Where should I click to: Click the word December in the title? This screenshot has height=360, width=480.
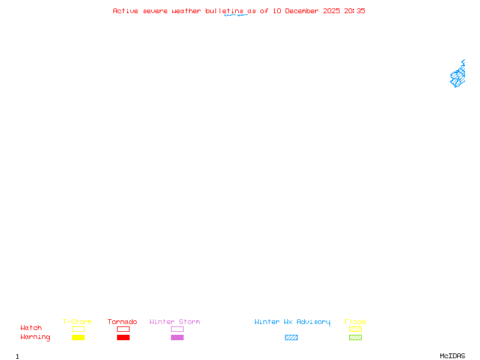click(x=304, y=11)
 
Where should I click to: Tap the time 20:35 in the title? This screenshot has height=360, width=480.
click(x=355, y=11)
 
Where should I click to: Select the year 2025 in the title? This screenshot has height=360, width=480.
click(x=331, y=11)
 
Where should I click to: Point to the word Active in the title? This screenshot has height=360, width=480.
click(x=126, y=11)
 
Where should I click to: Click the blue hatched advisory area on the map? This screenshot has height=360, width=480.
click(x=458, y=76)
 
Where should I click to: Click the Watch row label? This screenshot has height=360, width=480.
click(x=31, y=328)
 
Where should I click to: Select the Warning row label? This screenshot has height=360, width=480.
click(x=35, y=337)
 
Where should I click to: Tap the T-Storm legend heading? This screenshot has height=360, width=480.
click(x=77, y=322)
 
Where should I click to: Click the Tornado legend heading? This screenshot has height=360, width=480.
click(x=122, y=322)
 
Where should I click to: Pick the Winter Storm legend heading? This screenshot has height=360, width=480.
click(x=175, y=322)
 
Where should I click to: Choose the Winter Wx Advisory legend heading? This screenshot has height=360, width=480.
click(x=292, y=322)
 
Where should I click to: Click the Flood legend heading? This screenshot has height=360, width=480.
click(x=355, y=322)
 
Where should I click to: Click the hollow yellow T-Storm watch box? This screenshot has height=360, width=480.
click(x=78, y=329)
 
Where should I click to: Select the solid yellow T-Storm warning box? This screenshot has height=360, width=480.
click(x=78, y=338)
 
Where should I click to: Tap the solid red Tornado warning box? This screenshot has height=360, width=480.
click(x=123, y=338)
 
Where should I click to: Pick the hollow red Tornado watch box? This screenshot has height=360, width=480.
click(x=123, y=329)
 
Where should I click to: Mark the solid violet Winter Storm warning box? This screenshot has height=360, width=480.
click(x=177, y=338)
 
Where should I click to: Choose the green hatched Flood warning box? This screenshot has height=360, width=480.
click(x=355, y=338)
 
